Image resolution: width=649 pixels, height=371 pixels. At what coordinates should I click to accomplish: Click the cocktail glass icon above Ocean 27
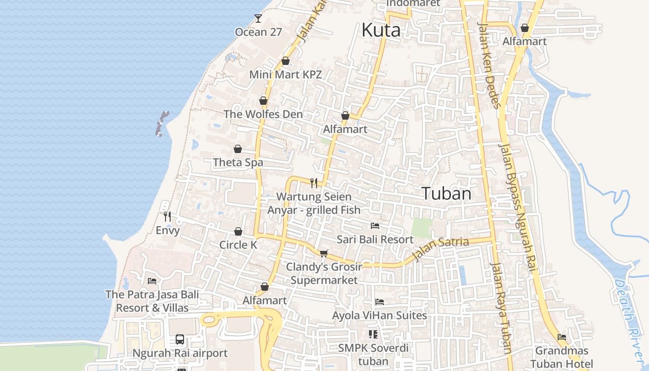pyautogui.click(x=258, y=19)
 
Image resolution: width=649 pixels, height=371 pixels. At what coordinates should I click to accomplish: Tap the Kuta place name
pyautogui.click(x=381, y=31)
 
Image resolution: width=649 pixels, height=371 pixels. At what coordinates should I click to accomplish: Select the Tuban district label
pyautogui.click(x=446, y=194)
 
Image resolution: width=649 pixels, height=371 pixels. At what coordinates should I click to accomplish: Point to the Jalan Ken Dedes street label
pyautogui.click(x=490, y=65)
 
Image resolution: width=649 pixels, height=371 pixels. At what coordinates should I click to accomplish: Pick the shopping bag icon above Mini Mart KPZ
pyautogui.click(x=286, y=61)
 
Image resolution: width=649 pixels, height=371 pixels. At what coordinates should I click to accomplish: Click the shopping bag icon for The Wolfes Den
pyautogui.click(x=263, y=101)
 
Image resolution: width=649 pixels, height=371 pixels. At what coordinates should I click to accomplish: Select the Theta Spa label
pyautogui.click(x=238, y=162)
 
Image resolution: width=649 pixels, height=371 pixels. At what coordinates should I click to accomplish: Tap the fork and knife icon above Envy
pyautogui.click(x=167, y=216)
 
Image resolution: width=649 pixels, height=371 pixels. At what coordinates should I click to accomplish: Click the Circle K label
pyautogui.click(x=238, y=245)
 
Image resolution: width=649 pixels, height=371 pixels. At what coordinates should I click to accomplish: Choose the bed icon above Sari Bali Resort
pyautogui.click(x=375, y=226)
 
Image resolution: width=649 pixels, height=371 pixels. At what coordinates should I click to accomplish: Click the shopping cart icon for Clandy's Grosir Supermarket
pyautogui.click(x=324, y=253)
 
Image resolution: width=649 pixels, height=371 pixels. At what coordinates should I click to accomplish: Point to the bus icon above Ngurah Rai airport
pyautogui.click(x=180, y=339)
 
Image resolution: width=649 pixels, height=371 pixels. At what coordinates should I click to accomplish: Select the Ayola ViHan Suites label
pyautogui.click(x=379, y=315)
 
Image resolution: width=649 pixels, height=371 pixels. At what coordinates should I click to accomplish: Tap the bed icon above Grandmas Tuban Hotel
pyautogui.click(x=562, y=337)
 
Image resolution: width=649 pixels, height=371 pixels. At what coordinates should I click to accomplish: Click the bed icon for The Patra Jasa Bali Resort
pyautogui.click(x=152, y=281)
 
